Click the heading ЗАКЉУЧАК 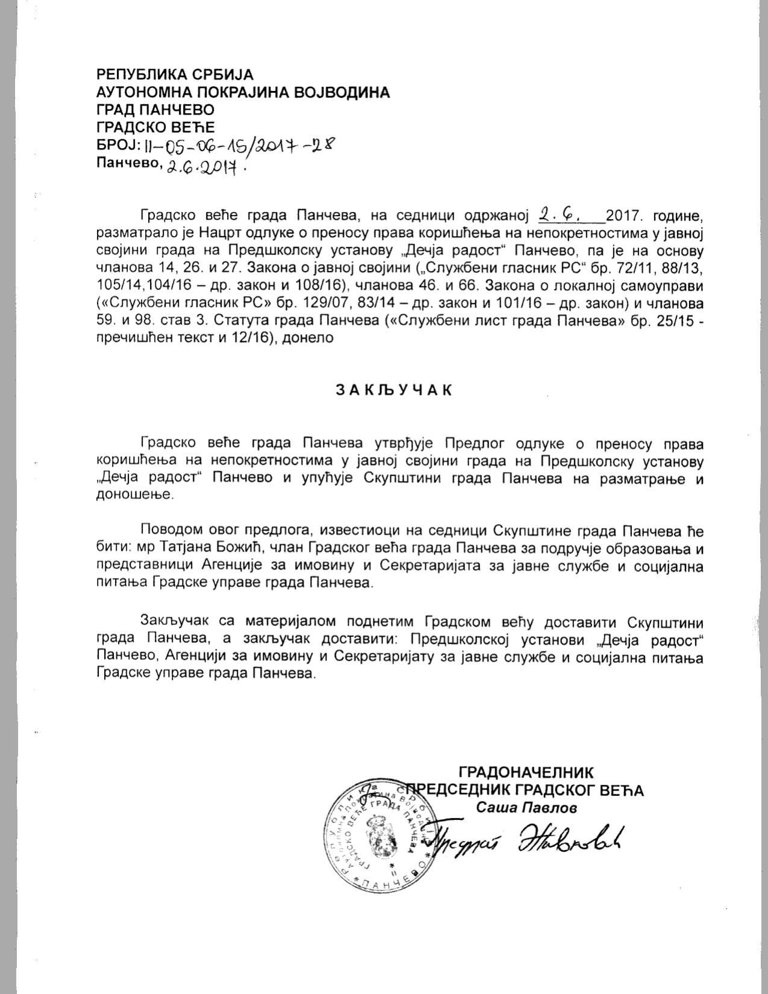pos(393,390)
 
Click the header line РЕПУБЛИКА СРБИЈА pos(175,75)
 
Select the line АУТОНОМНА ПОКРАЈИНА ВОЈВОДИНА pos(243,92)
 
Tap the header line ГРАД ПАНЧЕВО pos(155,110)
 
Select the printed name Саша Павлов pos(526,807)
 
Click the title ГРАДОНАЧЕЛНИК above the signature pos(526,772)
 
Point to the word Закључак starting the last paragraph pos(173,621)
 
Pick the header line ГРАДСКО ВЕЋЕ pos(155,127)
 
